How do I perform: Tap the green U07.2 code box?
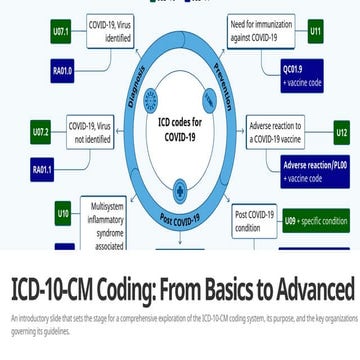click(x=41, y=131)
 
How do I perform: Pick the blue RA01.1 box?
click(x=41, y=170)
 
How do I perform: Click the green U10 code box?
click(x=62, y=213)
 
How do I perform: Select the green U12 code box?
click(x=341, y=132)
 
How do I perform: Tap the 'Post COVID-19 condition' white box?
click(x=255, y=220)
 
